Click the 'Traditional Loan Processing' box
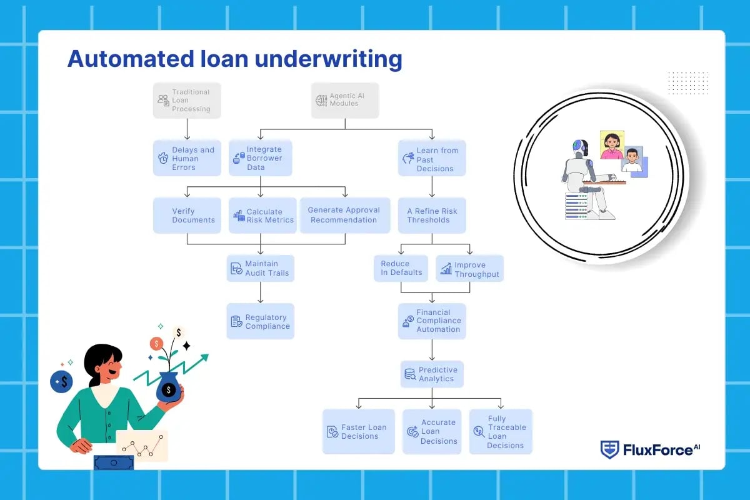(187, 101)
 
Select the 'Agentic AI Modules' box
(345, 100)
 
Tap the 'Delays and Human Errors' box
(187, 158)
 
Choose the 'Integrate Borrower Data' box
(260, 158)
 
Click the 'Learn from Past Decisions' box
(432, 159)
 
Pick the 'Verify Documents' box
(187, 216)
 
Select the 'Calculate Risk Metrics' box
(262, 216)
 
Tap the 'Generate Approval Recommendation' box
(344, 215)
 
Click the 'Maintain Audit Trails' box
(260, 268)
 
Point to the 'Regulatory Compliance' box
(260, 321)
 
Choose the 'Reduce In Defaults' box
(401, 268)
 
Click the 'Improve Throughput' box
(469, 269)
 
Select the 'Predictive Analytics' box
(432, 374)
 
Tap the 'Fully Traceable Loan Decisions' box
(501, 431)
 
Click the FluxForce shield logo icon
(609, 449)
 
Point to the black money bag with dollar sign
(168, 387)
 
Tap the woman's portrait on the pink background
(612, 144)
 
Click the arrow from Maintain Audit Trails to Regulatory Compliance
(261, 292)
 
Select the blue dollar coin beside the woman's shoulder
(62, 381)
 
